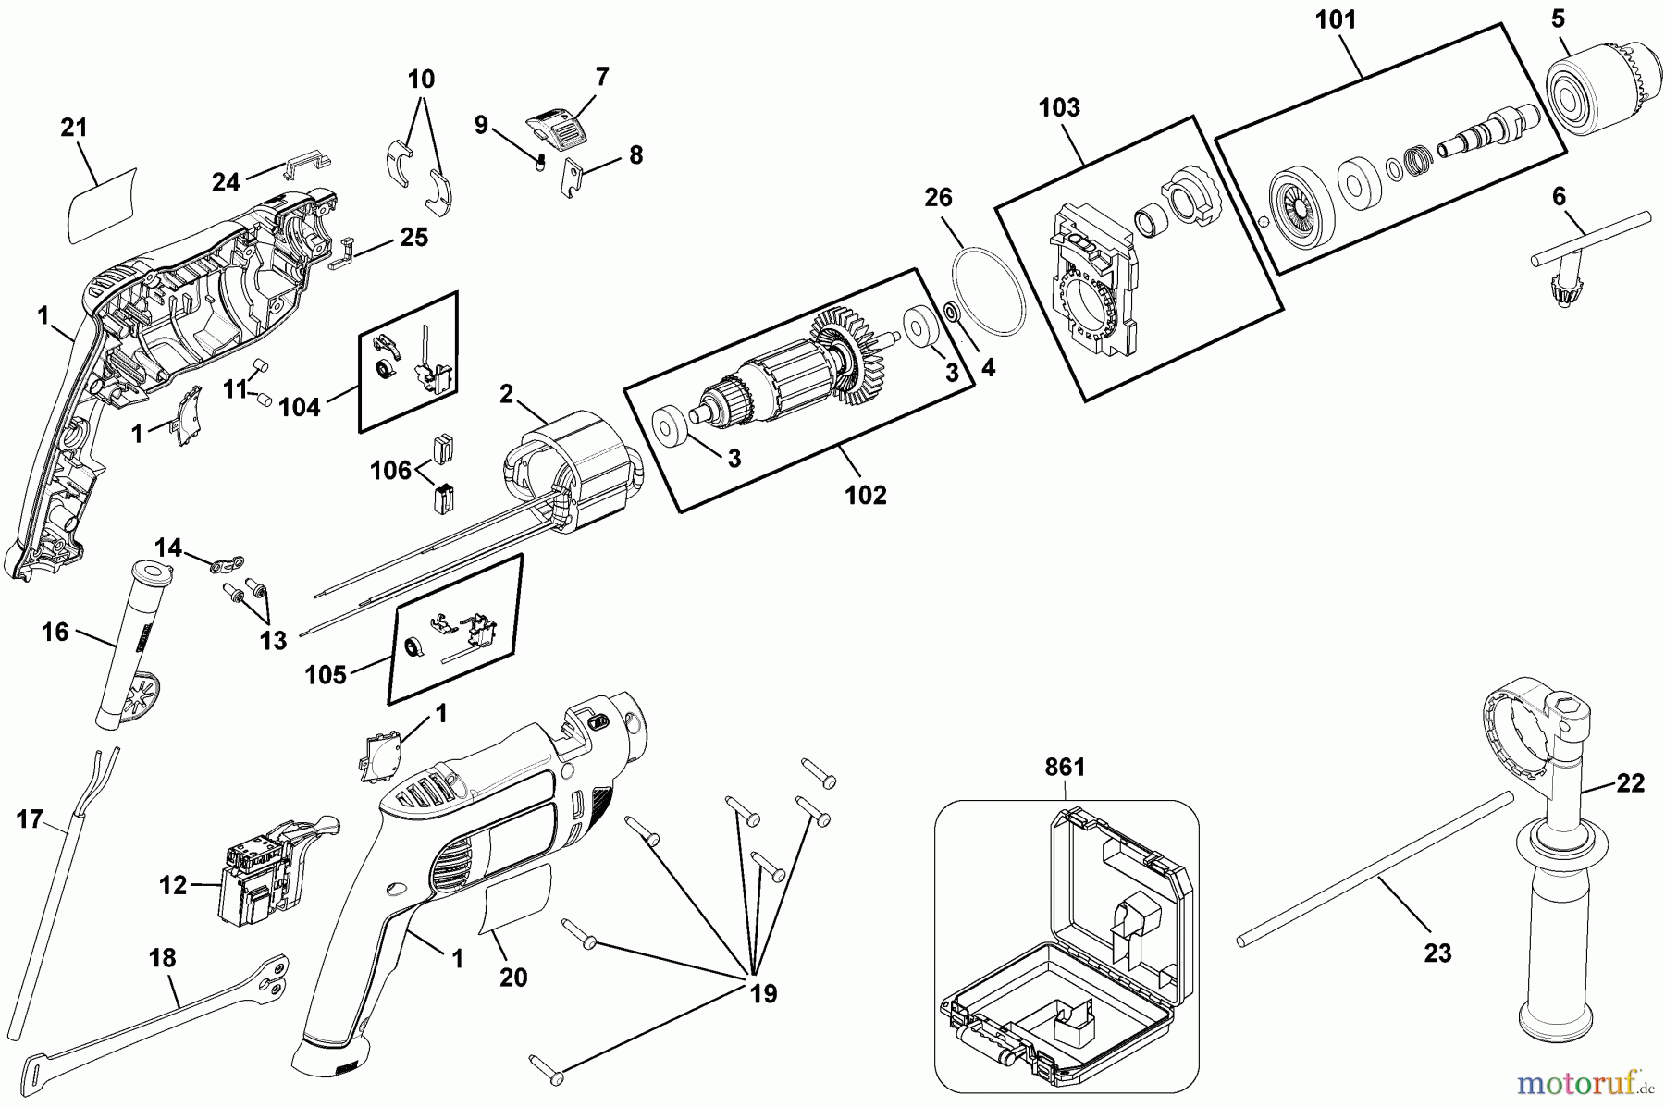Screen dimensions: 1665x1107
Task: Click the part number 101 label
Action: coord(1336,19)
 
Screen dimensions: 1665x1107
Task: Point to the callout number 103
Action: coord(1059,107)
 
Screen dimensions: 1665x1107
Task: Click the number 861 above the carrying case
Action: coord(1065,767)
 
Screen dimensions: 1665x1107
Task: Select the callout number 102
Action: coord(865,495)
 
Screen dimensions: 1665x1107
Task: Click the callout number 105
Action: coord(327,674)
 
